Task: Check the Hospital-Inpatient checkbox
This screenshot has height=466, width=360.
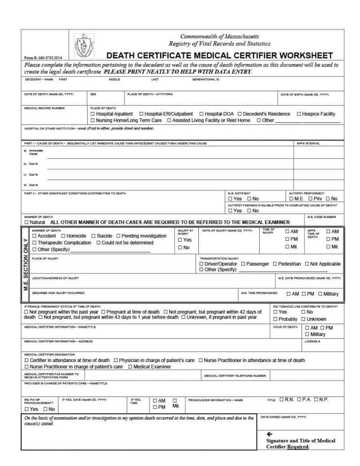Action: [x=92, y=114]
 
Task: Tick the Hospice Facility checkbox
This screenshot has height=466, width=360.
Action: [x=299, y=114]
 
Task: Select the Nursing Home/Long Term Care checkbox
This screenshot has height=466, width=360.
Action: [x=92, y=120]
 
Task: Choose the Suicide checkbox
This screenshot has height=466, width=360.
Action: [x=94, y=236]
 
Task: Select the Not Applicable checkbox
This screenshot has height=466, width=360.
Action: [x=307, y=264]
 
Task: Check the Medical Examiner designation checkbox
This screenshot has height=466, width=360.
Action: [x=130, y=367]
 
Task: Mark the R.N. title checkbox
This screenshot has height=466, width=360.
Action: [x=281, y=399]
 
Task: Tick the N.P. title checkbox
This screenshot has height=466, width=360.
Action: [x=315, y=399]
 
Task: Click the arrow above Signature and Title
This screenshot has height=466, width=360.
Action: [x=269, y=434]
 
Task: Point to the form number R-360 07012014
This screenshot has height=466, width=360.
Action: [x=43, y=58]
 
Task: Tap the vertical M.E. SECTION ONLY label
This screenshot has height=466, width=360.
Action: [x=26, y=264]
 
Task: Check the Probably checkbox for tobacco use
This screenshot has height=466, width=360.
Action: [x=275, y=319]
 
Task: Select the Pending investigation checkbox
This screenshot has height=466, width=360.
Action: [x=119, y=236]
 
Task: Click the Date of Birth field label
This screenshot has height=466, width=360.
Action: [x=305, y=94]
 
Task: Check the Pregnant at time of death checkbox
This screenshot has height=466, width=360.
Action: [x=103, y=312]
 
